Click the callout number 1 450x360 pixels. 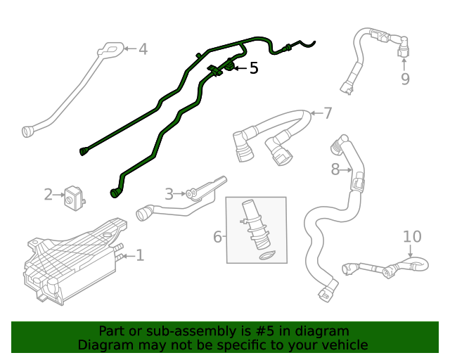click(x=140, y=255)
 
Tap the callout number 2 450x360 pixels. click(x=49, y=195)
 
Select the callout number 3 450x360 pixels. click(x=169, y=194)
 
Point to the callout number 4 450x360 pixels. click(x=143, y=49)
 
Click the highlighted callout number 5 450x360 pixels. click(x=254, y=68)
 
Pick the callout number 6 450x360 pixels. click(x=218, y=237)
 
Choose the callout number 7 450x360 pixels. click(x=328, y=113)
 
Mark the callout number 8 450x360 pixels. click(x=335, y=169)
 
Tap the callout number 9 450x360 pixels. click(x=405, y=79)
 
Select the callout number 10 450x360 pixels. click(x=412, y=237)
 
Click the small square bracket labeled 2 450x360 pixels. click(x=74, y=197)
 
